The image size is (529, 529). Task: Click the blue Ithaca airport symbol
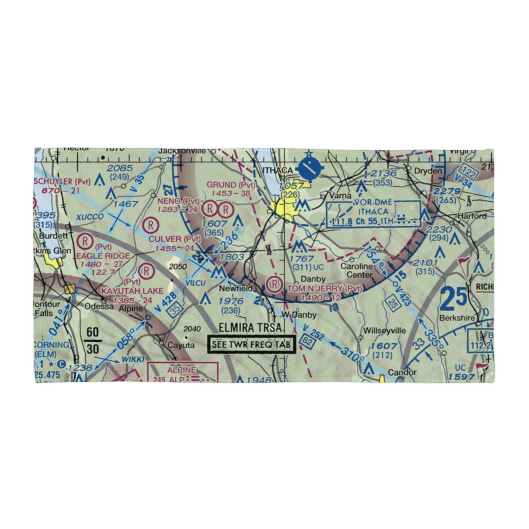coord(308,169)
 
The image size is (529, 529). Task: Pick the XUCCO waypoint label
coord(90,217)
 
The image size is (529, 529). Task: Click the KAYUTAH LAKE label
coord(125,291)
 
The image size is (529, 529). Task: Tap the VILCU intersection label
coord(195,283)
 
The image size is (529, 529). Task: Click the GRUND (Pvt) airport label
coord(231,185)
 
